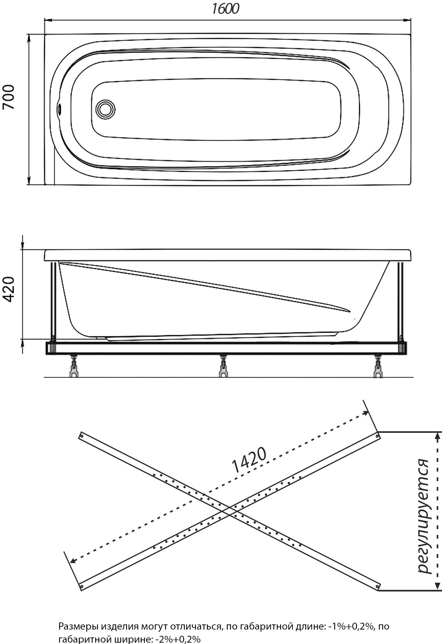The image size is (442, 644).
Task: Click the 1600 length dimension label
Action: point(225,9)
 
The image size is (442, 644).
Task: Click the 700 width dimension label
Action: point(9,97)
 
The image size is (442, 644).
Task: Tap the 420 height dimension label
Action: point(9,289)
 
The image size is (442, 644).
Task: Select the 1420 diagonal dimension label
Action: point(249,460)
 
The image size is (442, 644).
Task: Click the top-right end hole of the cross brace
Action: point(377,436)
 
